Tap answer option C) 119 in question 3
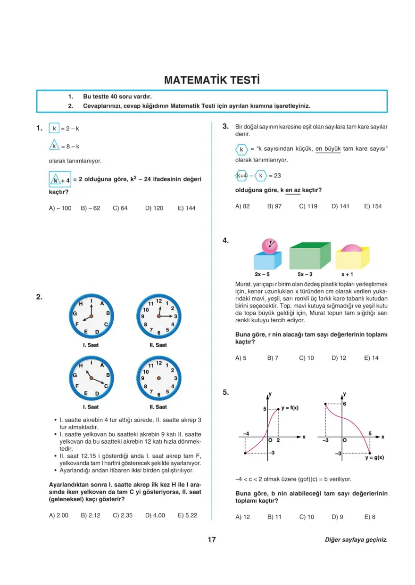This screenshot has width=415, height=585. point(308,206)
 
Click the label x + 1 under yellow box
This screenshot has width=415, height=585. point(348,274)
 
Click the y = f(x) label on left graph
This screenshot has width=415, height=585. point(290,408)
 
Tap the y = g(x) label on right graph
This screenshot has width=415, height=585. point(374,457)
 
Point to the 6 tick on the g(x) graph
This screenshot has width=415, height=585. point(345,404)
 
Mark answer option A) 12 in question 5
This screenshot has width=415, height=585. point(242,517)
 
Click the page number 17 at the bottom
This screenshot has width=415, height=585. point(212,540)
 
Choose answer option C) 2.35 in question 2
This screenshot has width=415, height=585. point(123,515)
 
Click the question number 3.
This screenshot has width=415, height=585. point(225,126)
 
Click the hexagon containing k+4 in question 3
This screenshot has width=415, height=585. point(241,176)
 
